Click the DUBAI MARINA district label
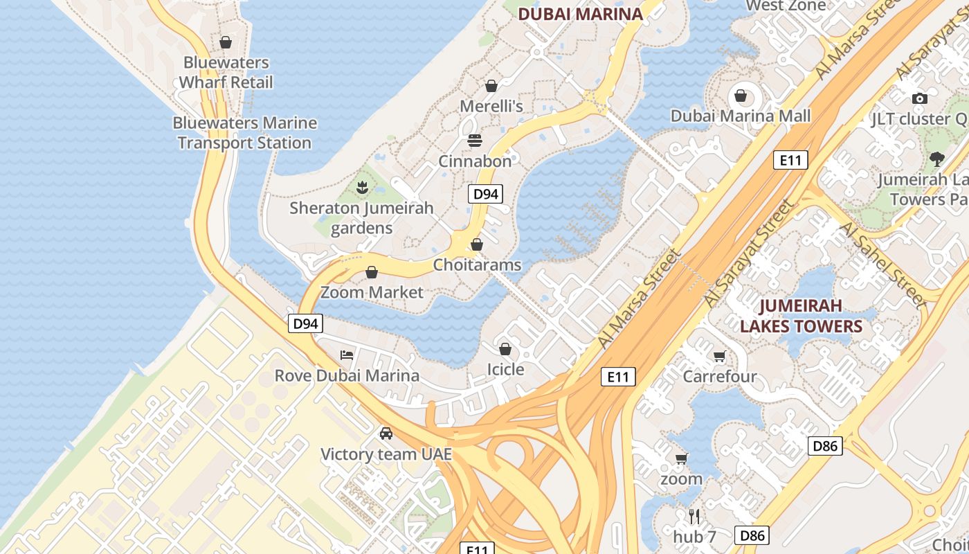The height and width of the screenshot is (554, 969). coord(580,14)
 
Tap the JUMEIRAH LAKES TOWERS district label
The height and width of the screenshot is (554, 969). coord(801,316)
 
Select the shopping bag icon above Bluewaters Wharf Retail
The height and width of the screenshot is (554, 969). coord(225,42)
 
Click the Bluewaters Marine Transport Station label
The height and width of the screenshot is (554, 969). coord(244,133)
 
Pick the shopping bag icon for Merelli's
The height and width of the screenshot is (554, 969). coord(491,86)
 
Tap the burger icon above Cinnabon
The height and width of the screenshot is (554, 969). coord(475,141)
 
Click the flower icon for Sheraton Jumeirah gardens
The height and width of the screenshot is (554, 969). coord(361,187)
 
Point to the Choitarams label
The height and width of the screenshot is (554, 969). coord(477,265)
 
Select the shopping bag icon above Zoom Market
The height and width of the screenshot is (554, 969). coord(372,272)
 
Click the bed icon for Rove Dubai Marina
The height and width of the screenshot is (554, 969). coord(347,355)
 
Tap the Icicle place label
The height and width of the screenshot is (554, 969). coord(505,369)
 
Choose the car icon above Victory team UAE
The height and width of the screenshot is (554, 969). coord(386,434)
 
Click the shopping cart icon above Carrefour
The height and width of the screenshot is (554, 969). coord(720,357)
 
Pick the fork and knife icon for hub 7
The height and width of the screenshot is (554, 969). coord(695,516)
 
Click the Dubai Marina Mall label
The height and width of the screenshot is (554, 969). coord(740,116)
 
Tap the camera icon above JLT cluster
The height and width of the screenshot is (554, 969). coord(919,98)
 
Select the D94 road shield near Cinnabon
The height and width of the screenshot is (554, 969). coord(485,194)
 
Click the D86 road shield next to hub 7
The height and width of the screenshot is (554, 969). coord(752,535)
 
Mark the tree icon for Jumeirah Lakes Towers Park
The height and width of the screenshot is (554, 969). coord(937,159)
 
